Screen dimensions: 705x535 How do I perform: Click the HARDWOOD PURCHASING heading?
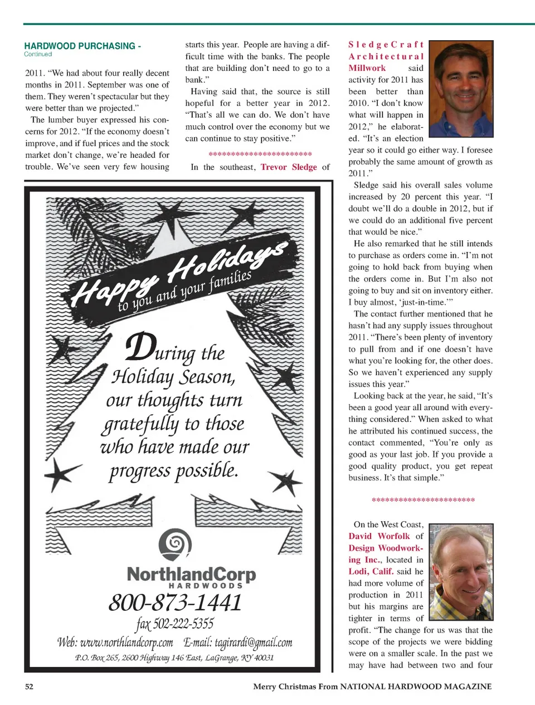click(x=82, y=46)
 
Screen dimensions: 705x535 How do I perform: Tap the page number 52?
click(x=29, y=686)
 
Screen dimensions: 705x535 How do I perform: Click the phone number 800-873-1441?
click(x=175, y=602)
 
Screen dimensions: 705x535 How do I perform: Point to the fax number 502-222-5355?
click(x=175, y=623)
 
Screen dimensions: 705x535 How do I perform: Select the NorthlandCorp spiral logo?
click(x=175, y=544)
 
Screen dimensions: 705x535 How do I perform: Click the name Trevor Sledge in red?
click(x=289, y=167)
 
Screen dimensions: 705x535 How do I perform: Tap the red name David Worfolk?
click(x=379, y=536)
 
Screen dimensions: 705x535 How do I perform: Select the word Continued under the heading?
click(x=38, y=54)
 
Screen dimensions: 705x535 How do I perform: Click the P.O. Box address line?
click(x=174, y=658)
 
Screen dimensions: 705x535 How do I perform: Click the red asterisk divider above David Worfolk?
click(x=423, y=500)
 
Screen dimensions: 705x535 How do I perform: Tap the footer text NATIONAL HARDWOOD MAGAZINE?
click(x=416, y=686)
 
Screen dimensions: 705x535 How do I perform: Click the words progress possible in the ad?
click(x=173, y=471)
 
